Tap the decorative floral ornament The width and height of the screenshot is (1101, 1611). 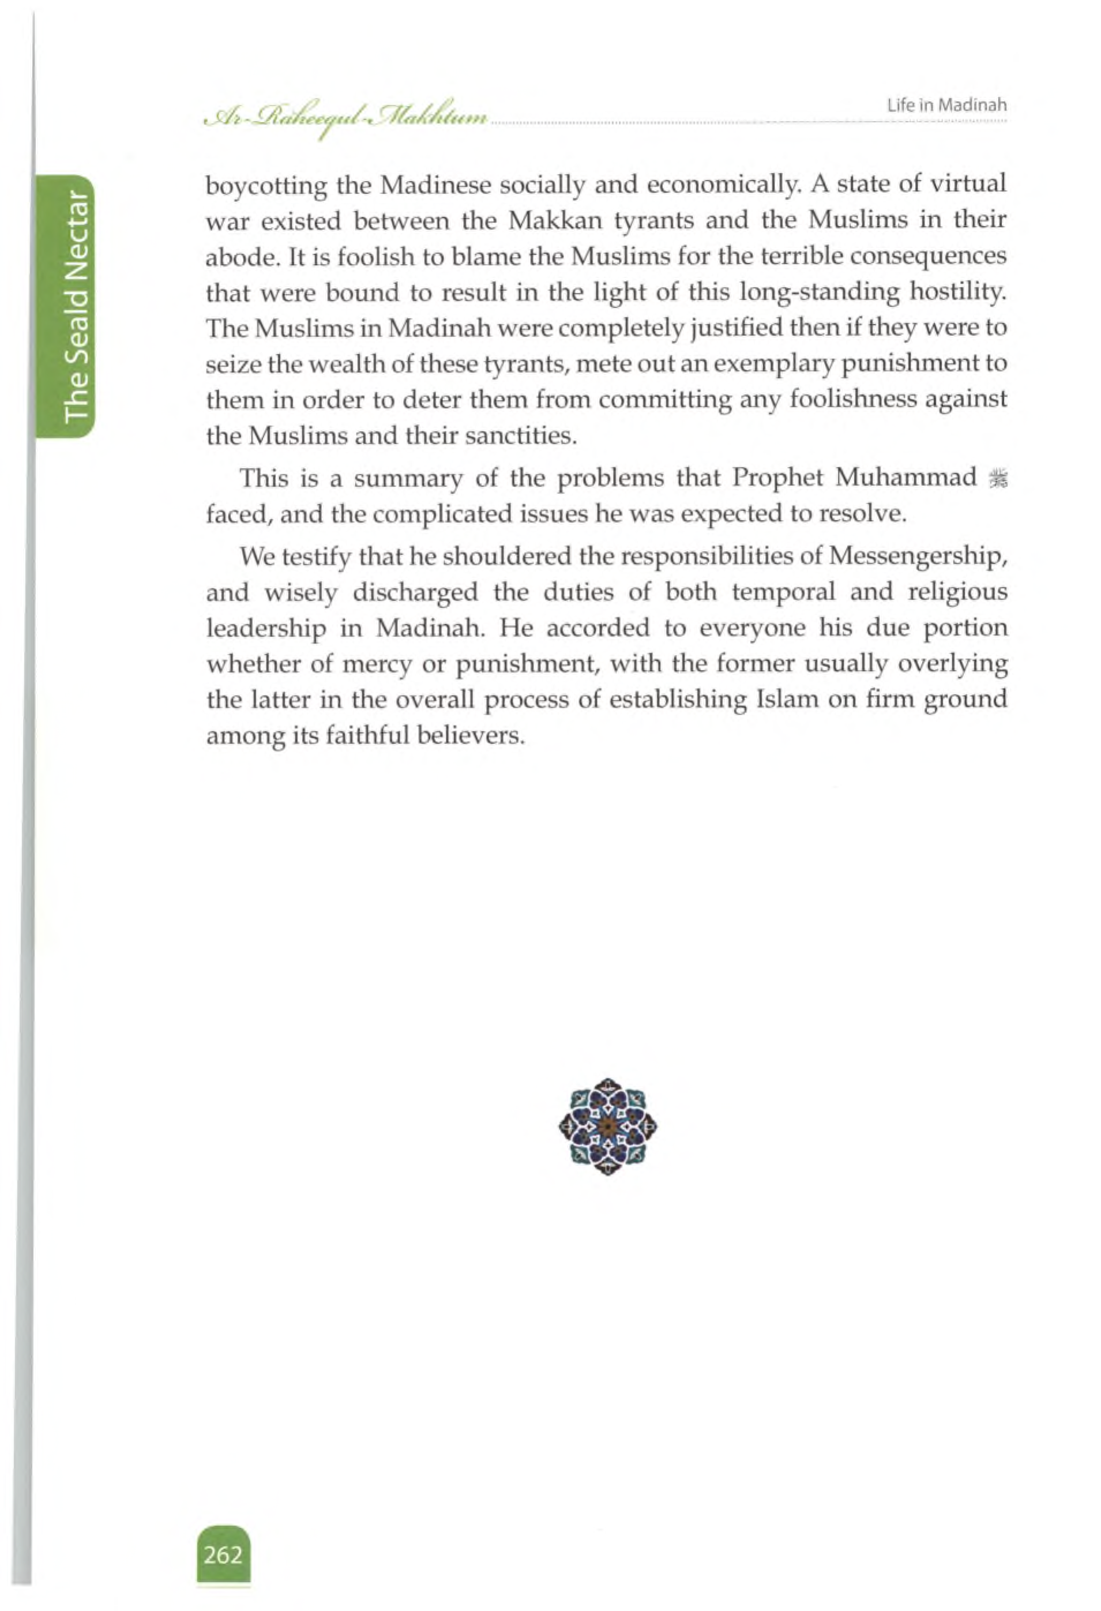(607, 1126)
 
